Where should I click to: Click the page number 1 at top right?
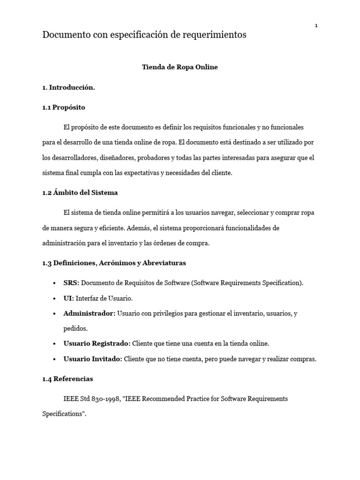(316, 26)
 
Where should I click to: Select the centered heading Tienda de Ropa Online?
(180, 67)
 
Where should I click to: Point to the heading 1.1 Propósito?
(64, 107)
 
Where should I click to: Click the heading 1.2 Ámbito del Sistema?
(80, 193)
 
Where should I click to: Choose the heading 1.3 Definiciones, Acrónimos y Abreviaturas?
(114, 263)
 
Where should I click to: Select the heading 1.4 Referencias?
(67, 379)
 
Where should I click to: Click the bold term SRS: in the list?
(71, 283)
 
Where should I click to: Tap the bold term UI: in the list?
(68, 298)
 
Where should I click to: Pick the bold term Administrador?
(89, 313)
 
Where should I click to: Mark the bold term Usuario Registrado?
(97, 344)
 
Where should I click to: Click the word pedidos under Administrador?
(75, 328)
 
